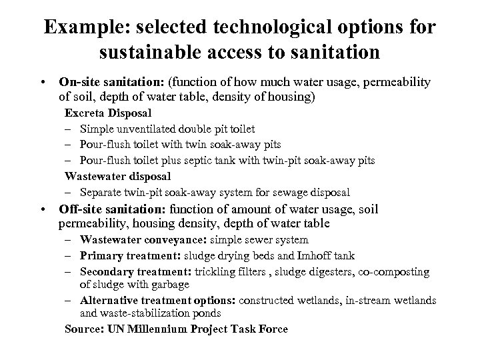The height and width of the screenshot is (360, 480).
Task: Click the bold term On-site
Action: click(x=78, y=82)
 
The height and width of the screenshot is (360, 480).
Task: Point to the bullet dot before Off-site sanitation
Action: click(x=43, y=209)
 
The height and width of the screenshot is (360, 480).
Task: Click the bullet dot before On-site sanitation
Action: click(x=43, y=83)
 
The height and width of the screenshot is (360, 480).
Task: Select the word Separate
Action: click(x=101, y=193)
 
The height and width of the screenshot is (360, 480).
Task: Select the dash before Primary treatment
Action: click(x=69, y=256)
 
